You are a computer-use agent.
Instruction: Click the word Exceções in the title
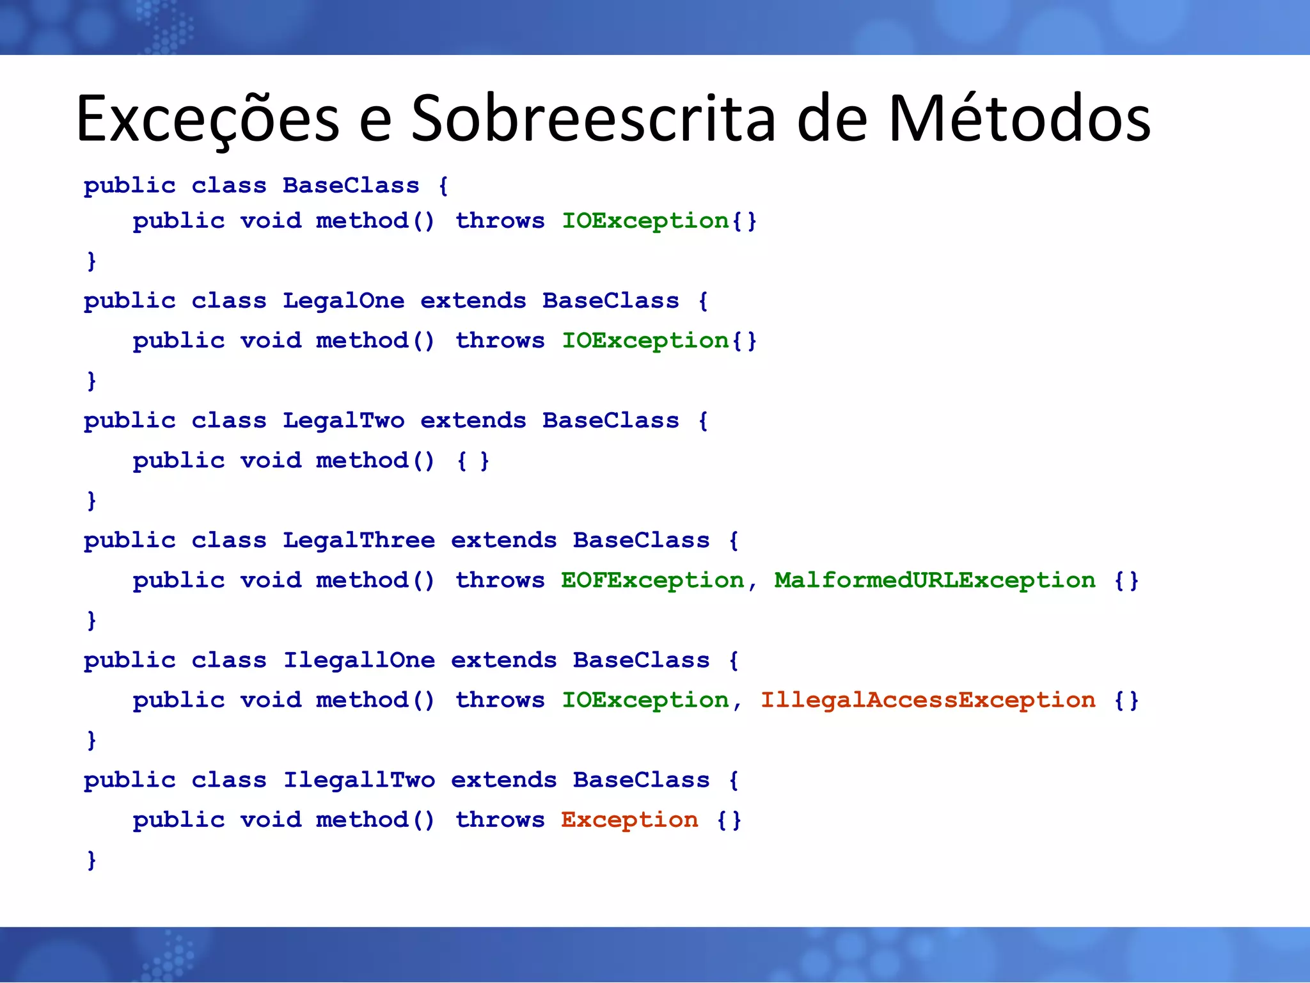208,119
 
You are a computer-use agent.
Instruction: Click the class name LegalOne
343,301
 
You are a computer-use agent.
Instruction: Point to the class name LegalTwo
343,420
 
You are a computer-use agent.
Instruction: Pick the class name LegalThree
359,540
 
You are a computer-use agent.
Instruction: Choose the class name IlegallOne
359,660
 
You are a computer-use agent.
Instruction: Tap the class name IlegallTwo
359,780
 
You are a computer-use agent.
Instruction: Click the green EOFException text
652,580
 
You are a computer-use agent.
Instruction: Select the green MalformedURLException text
935,580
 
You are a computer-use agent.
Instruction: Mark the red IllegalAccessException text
927,700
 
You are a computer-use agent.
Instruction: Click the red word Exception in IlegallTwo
629,820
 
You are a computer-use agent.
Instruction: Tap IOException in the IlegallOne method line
645,700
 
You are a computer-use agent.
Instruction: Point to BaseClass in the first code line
351,186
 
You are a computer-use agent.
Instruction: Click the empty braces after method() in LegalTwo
473,461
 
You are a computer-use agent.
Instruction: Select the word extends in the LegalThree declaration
503,540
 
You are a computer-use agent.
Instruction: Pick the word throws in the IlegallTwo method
500,820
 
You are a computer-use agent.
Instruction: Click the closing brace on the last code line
91,859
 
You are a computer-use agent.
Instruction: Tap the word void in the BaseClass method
271,221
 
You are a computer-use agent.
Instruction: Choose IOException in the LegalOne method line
645,340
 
